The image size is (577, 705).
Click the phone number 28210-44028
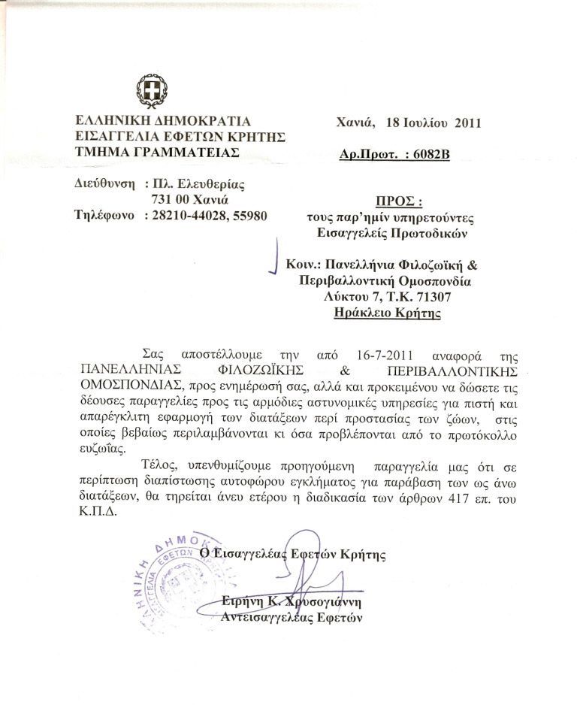coord(186,216)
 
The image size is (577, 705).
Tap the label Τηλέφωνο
coord(104,216)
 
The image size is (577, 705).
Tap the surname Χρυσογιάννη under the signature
coord(325,601)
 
